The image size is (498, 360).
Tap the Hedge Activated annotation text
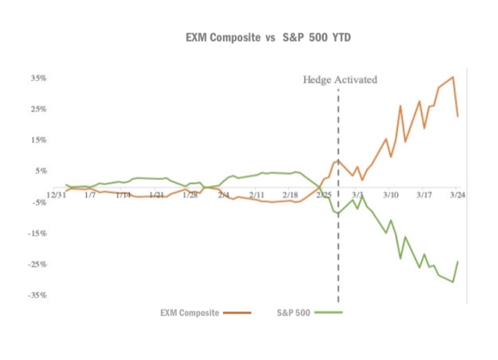340,80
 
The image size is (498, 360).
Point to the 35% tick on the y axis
38,78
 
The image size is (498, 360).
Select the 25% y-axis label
38,109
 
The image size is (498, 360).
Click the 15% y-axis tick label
38,140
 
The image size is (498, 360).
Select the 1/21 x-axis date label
157,193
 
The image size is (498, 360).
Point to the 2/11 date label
257,193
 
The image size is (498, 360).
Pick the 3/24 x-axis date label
456,193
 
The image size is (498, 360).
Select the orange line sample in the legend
236,312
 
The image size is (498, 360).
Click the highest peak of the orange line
452,77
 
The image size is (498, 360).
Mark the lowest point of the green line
453,282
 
